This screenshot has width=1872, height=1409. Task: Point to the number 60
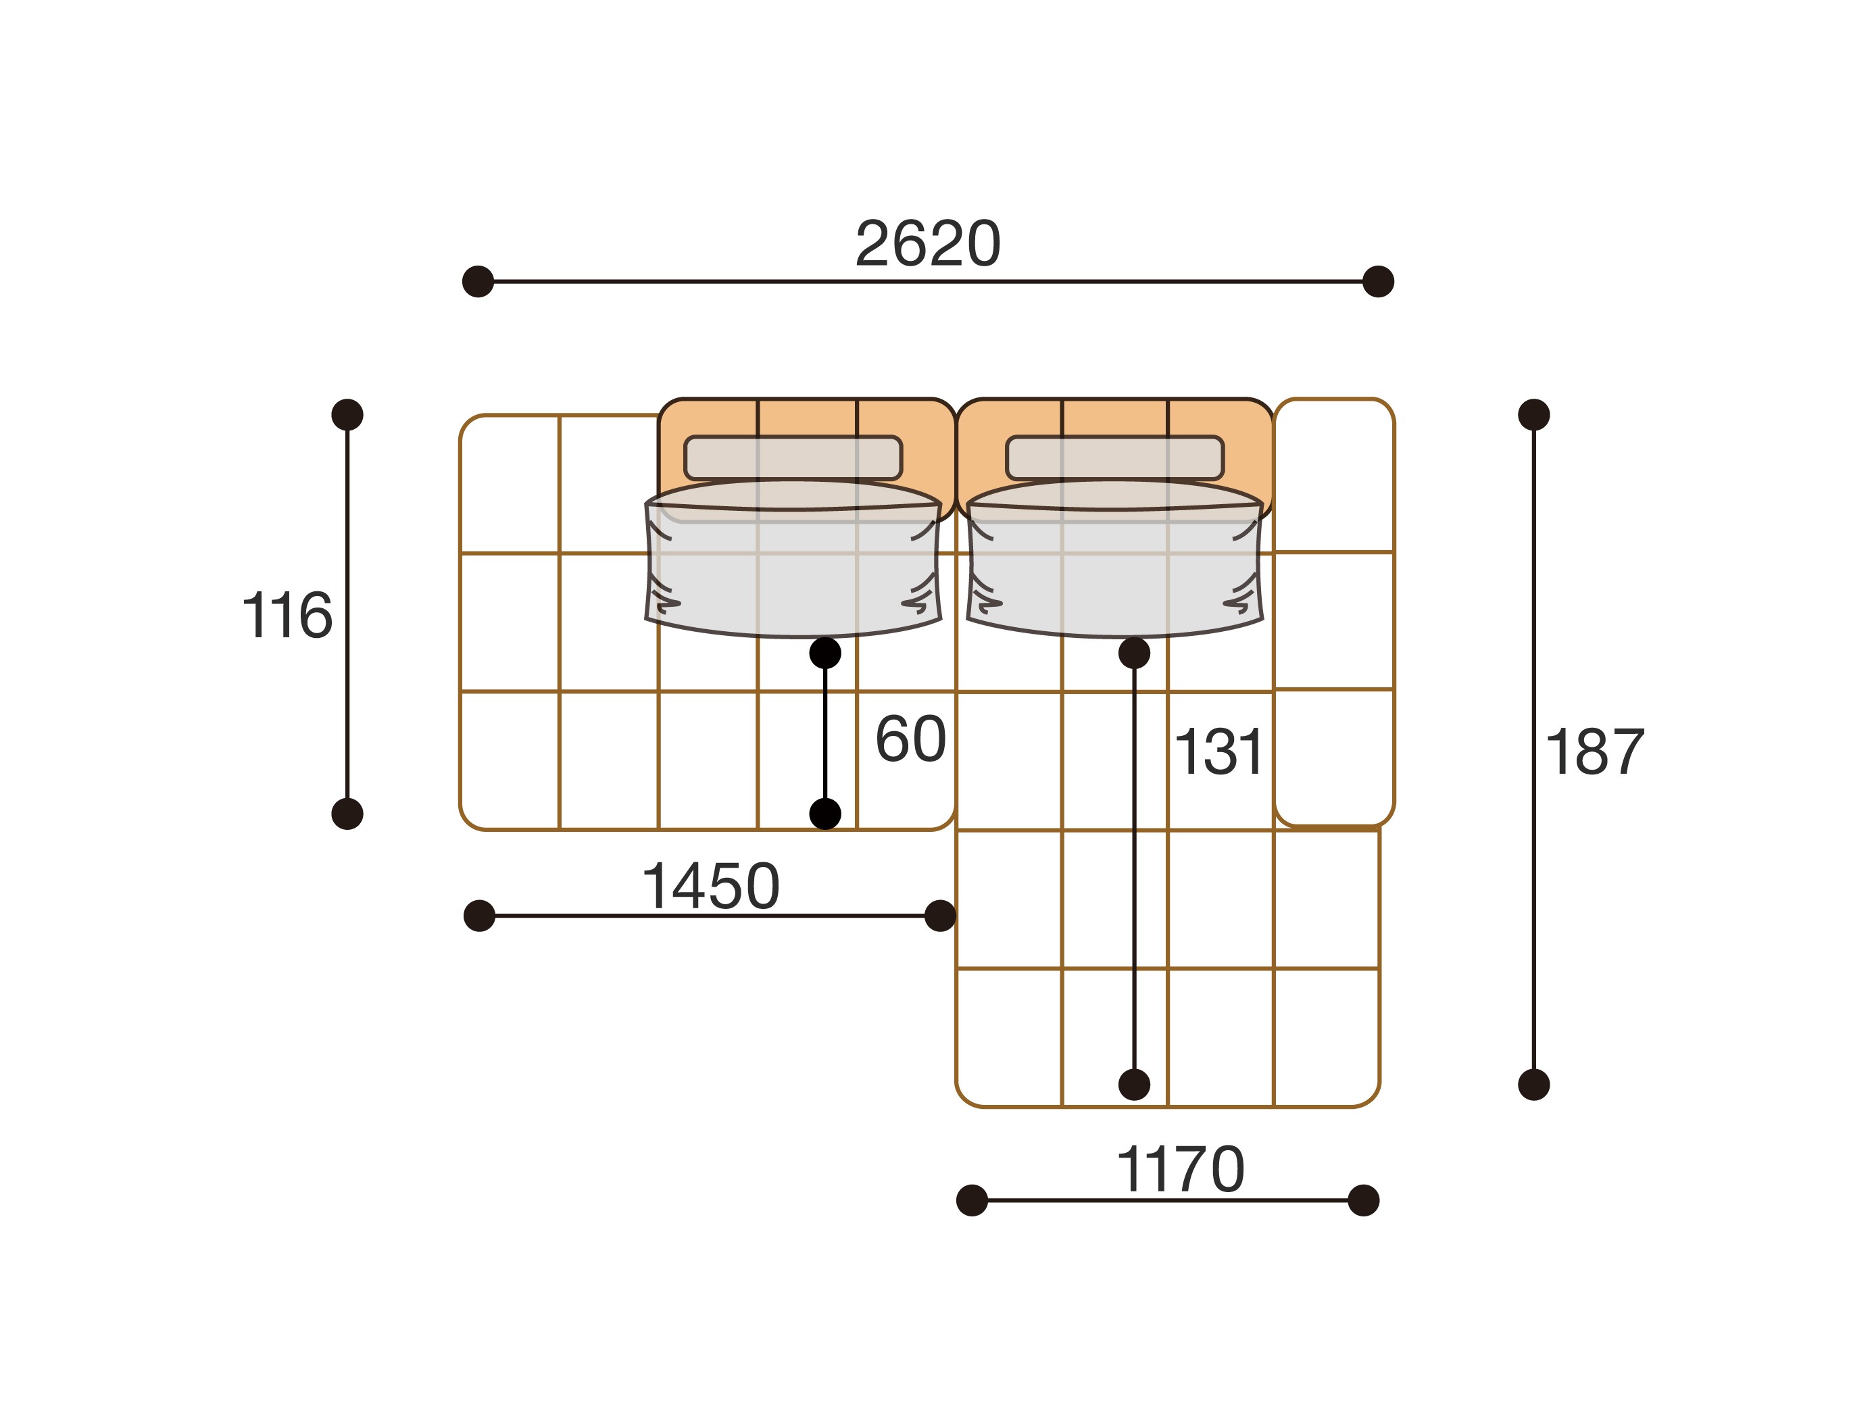[x=910, y=739]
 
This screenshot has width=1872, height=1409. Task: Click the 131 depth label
[x=1218, y=751]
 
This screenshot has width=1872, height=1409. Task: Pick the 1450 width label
[x=710, y=886]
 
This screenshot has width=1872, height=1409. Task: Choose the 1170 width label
[x=1181, y=1170]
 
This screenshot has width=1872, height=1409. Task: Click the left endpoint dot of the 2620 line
[x=478, y=281]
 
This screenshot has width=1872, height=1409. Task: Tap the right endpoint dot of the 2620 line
[x=1378, y=281]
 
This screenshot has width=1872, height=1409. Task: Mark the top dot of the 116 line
[x=347, y=415]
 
